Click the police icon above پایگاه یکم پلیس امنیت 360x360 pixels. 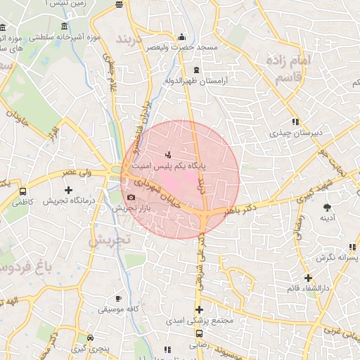[x=167, y=153]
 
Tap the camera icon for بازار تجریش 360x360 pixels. [x=131, y=198]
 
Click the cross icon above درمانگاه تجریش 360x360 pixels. [x=68, y=190]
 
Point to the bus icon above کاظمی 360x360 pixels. [x=23, y=191]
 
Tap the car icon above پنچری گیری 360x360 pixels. [x=89, y=337]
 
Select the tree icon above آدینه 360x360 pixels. [x=326, y=207]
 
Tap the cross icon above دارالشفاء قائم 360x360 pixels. [x=308, y=278]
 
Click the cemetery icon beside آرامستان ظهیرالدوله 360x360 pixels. [x=195, y=70]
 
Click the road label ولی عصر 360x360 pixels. [x=77, y=172]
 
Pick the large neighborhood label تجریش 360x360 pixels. [x=109, y=240]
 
